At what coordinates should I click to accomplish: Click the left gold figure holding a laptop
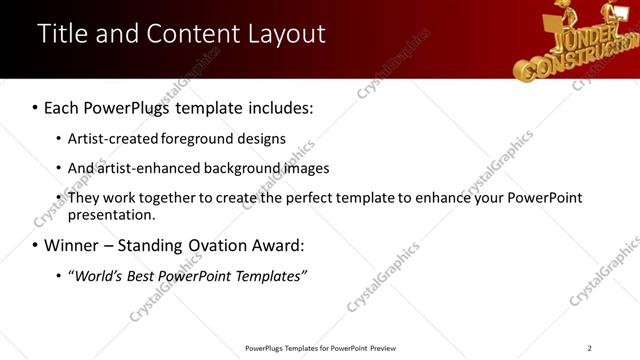click(559, 20)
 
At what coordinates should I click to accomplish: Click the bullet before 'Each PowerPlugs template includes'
click(35, 107)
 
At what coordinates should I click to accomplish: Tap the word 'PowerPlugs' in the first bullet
click(129, 107)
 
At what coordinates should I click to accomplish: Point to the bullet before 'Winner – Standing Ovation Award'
click(35, 245)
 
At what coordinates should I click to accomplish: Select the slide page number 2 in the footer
click(590, 348)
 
